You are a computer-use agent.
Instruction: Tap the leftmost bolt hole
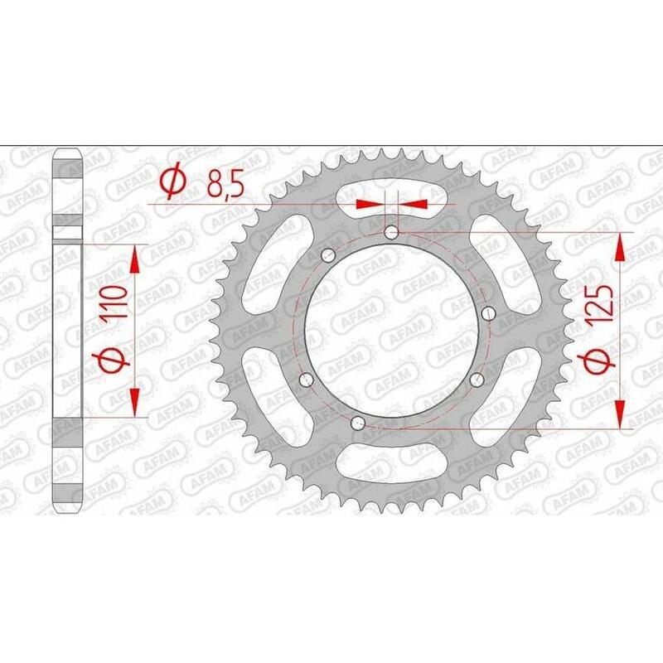click(x=306, y=380)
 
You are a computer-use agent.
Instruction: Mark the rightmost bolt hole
click(x=489, y=313)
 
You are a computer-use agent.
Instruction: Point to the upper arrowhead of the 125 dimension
click(x=620, y=244)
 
